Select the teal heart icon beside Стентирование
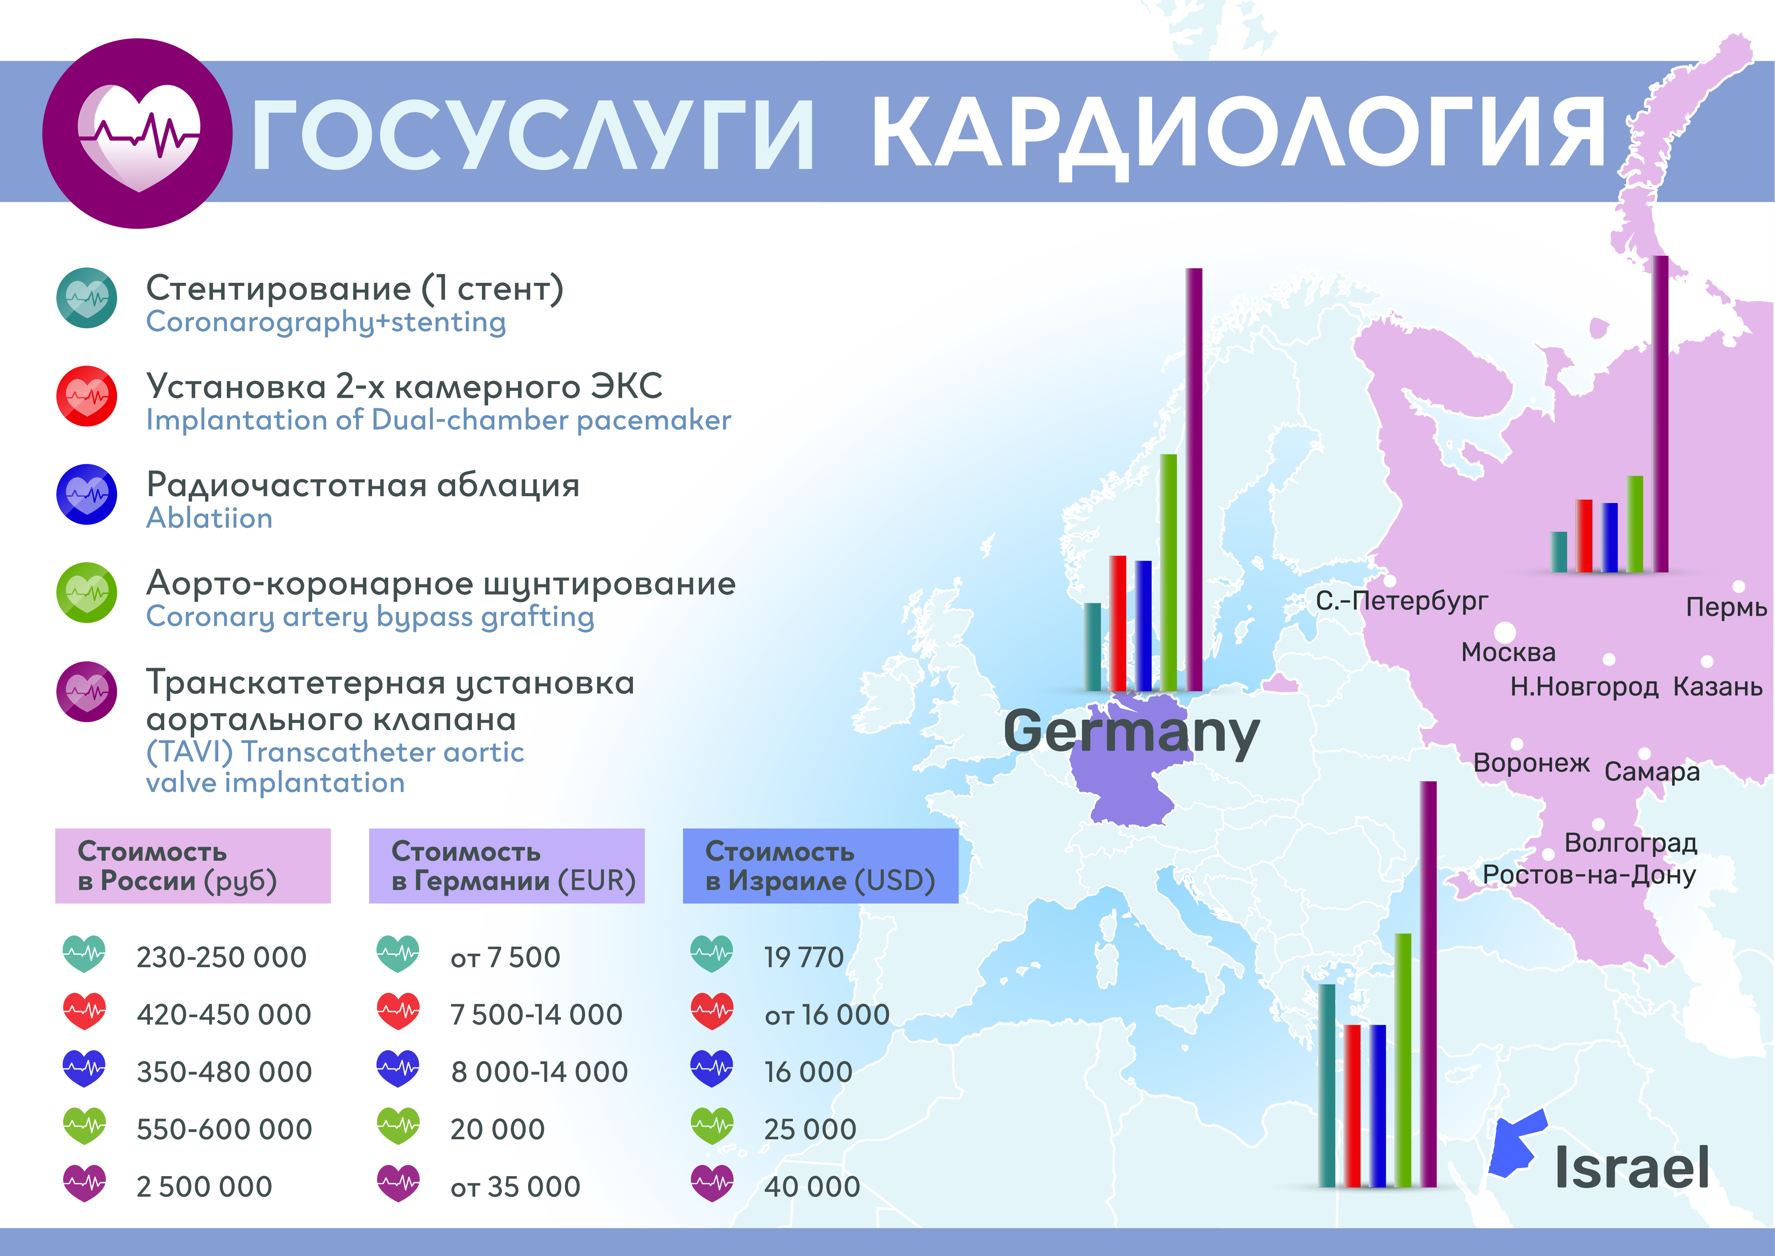coord(87,298)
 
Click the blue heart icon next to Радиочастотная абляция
coord(87,494)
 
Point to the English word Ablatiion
coord(210,517)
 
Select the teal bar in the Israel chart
coord(1327,1085)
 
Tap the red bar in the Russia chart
coord(1584,536)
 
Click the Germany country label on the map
coord(1131,731)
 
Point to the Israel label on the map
coord(1631,1167)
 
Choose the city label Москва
coord(1508,652)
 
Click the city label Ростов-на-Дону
coord(1589,875)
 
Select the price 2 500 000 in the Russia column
coord(204,1187)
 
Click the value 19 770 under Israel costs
coord(804,957)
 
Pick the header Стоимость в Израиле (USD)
coord(820,866)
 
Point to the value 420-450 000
coord(224,1015)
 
